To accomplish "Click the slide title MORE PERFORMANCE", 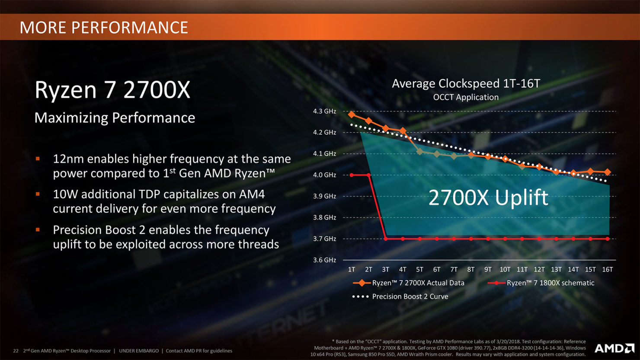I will (104, 28).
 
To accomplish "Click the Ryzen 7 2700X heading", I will (112, 90).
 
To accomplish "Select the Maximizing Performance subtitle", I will (115, 118).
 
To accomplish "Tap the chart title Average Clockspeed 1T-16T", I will (466, 83).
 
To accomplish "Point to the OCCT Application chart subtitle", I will (466, 97).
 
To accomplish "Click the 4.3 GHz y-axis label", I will (324, 111).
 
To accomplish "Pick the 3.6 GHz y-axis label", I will (324, 260).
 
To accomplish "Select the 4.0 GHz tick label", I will (324, 175).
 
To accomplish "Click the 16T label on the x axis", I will (607, 269).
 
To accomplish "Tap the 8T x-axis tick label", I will (471, 269).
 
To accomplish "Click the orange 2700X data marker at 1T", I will (352, 115).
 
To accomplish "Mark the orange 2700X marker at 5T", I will (419, 152).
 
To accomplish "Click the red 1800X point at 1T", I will (352, 175).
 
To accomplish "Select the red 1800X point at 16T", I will (608, 239).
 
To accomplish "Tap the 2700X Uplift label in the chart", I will (488, 198).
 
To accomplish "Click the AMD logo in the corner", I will (614, 348).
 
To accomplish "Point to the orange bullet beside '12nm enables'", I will (38, 159).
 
